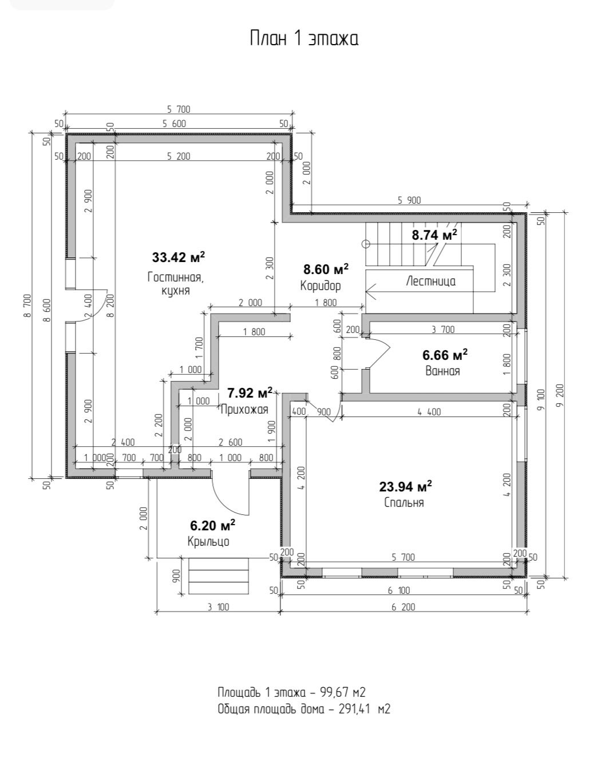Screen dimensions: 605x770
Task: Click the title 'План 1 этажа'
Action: click(x=304, y=39)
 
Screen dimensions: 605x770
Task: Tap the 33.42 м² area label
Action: click(x=179, y=256)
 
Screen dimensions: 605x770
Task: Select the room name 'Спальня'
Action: click(x=404, y=502)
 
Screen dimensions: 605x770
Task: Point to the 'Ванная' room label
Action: click(x=442, y=371)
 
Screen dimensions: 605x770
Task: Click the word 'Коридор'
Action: click(x=321, y=285)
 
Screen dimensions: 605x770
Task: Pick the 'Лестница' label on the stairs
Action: click(x=430, y=281)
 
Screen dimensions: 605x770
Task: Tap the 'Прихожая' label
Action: click(x=244, y=410)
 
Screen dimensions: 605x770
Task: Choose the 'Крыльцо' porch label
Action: click(x=208, y=541)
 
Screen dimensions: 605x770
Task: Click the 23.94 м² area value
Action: click(x=405, y=486)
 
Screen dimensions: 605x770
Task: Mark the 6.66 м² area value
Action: click(x=445, y=355)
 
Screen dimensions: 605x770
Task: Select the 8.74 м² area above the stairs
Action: click(x=434, y=235)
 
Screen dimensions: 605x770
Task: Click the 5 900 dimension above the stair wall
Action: click(x=409, y=201)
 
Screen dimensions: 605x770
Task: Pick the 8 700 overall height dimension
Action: click(x=27, y=305)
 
